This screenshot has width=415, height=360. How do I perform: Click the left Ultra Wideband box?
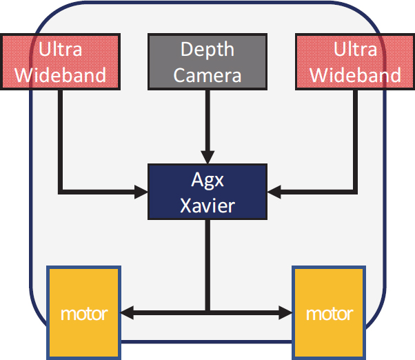point(60,61)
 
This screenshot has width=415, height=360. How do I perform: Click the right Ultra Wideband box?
point(355,61)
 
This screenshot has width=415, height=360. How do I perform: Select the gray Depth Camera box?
point(207,61)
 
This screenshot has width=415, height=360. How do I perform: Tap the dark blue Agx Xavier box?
point(207,192)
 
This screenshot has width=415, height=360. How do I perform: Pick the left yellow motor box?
point(83,313)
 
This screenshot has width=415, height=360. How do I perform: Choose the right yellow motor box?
point(329,313)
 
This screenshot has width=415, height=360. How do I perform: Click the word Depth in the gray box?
point(207,50)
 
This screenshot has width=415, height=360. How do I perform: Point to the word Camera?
point(207,74)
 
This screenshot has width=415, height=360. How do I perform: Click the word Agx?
point(207,180)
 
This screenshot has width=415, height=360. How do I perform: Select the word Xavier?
point(207,204)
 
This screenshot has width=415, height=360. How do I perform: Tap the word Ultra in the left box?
point(60,50)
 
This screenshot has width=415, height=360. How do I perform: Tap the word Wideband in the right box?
point(355,74)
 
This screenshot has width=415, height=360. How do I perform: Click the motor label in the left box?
point(83,314)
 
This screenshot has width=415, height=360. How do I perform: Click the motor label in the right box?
point(329,314)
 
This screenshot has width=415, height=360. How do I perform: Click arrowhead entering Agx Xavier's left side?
point(143,189)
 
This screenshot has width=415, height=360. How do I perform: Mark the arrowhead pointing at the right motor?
point(285,313)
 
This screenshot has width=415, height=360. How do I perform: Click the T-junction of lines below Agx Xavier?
point(207,313)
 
